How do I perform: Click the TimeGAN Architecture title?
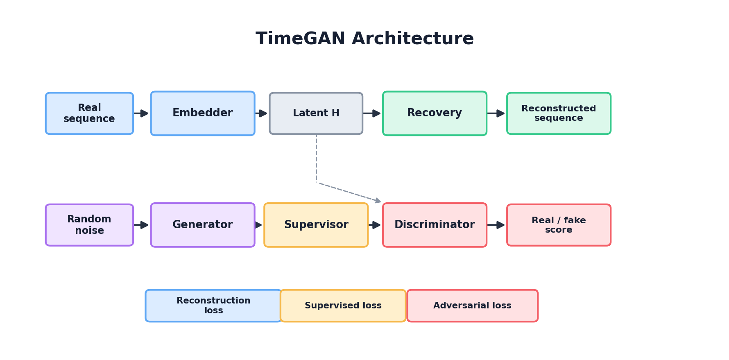click(364, 39)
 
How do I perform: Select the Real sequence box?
click(89, 113)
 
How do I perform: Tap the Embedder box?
click(202, 113)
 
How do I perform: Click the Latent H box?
click(316, 113)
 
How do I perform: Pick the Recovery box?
click(435, 113)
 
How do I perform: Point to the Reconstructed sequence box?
click(559, 113)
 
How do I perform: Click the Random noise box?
click(89, 225)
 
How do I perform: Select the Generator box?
click(202, 225)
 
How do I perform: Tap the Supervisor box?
click(316, 225)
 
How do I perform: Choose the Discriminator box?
click(435, 225)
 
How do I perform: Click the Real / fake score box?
click(559, 225)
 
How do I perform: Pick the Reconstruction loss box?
click(213, 306)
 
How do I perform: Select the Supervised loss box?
click(343, 306)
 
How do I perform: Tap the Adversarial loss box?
click(472, 306)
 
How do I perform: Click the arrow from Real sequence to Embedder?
click(142, 113)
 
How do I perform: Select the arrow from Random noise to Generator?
click(142, 225)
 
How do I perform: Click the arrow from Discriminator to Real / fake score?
click(496, 225)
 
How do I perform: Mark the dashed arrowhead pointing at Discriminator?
click(378, 201)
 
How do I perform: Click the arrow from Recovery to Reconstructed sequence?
click(496, 113)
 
